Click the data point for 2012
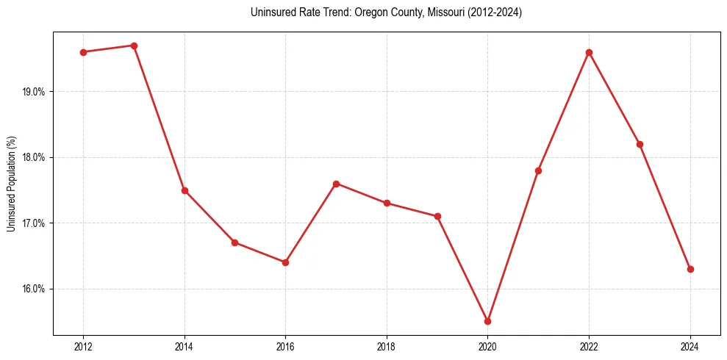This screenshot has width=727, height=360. click(x=83, y=52)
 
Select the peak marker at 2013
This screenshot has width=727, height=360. click(x=134, y=46)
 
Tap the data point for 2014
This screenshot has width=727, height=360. click(x=185, y=190)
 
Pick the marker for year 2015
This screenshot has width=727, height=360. click(x=234, y=242)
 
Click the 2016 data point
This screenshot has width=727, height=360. click(x=285, y=262)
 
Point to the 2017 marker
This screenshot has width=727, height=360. click(x=336, y=184)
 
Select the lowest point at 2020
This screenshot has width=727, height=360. click(x=487, y=321)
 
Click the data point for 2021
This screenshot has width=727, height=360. click(x=538, y=170)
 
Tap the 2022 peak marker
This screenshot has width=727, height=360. click(x=589, y=52)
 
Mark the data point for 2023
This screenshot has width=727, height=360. click(x=640, y=144)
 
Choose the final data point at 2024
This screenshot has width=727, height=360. click(x=690, y=269)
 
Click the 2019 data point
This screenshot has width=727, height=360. click(x=437, y=216)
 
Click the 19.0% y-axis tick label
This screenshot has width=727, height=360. click(x=35, y=92)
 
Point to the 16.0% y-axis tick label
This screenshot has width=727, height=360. click(x=35, y=289)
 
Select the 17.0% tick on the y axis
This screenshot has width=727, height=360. click(x=35, y=223)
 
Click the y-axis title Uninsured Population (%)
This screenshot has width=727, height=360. click(x=11, y=184)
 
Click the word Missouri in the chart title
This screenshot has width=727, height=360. click(x=445, y=12)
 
